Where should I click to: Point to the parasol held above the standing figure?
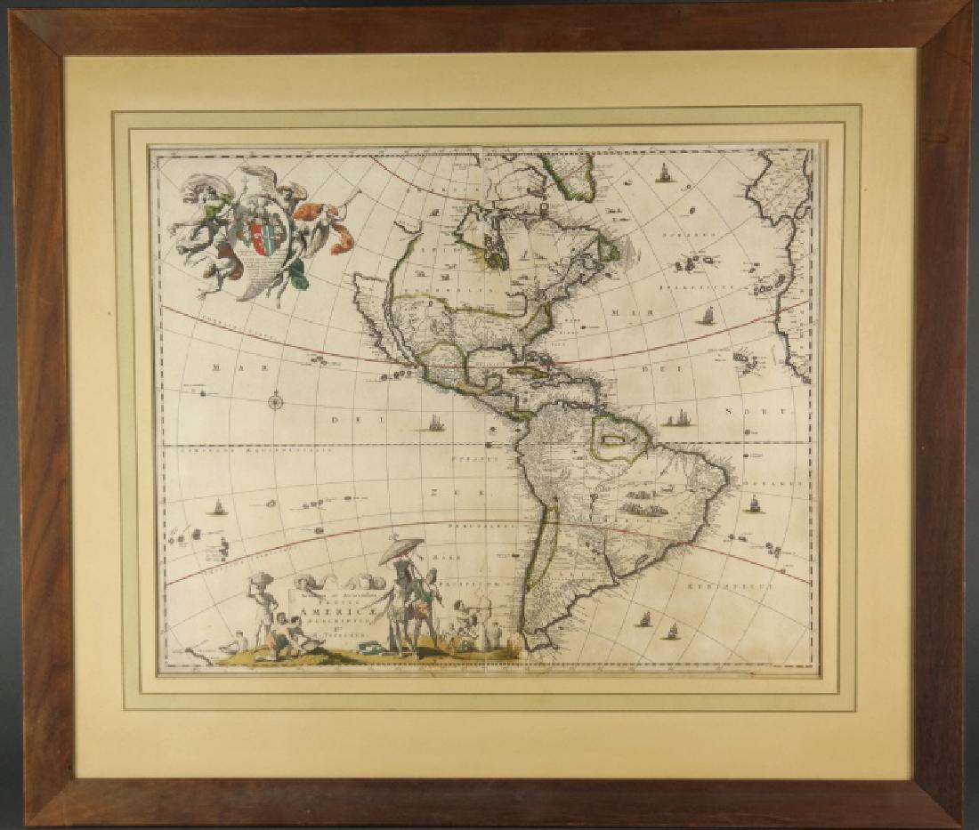(401, 550)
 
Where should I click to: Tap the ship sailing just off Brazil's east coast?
(755, 504)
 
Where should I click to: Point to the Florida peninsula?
(534, 344)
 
